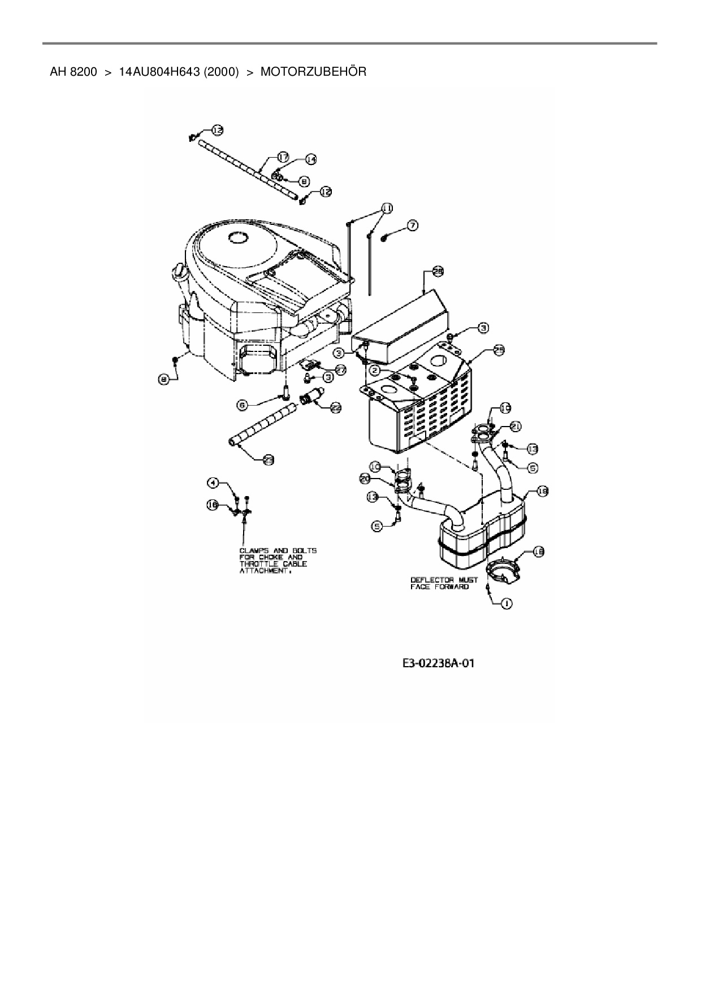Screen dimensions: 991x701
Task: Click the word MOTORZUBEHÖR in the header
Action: tap(313, 72)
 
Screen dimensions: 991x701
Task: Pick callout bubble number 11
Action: tap(386, 208)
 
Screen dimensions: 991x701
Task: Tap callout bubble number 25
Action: tap(499, 350)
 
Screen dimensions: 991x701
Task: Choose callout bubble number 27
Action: tap(341, 369)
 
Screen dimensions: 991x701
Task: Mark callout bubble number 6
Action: tap(242, 405)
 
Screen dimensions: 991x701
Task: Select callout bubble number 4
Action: tap(213, 483)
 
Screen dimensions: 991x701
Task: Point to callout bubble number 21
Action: tap(515, 425)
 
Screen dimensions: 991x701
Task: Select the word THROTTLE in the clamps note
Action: tap(258, 564)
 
